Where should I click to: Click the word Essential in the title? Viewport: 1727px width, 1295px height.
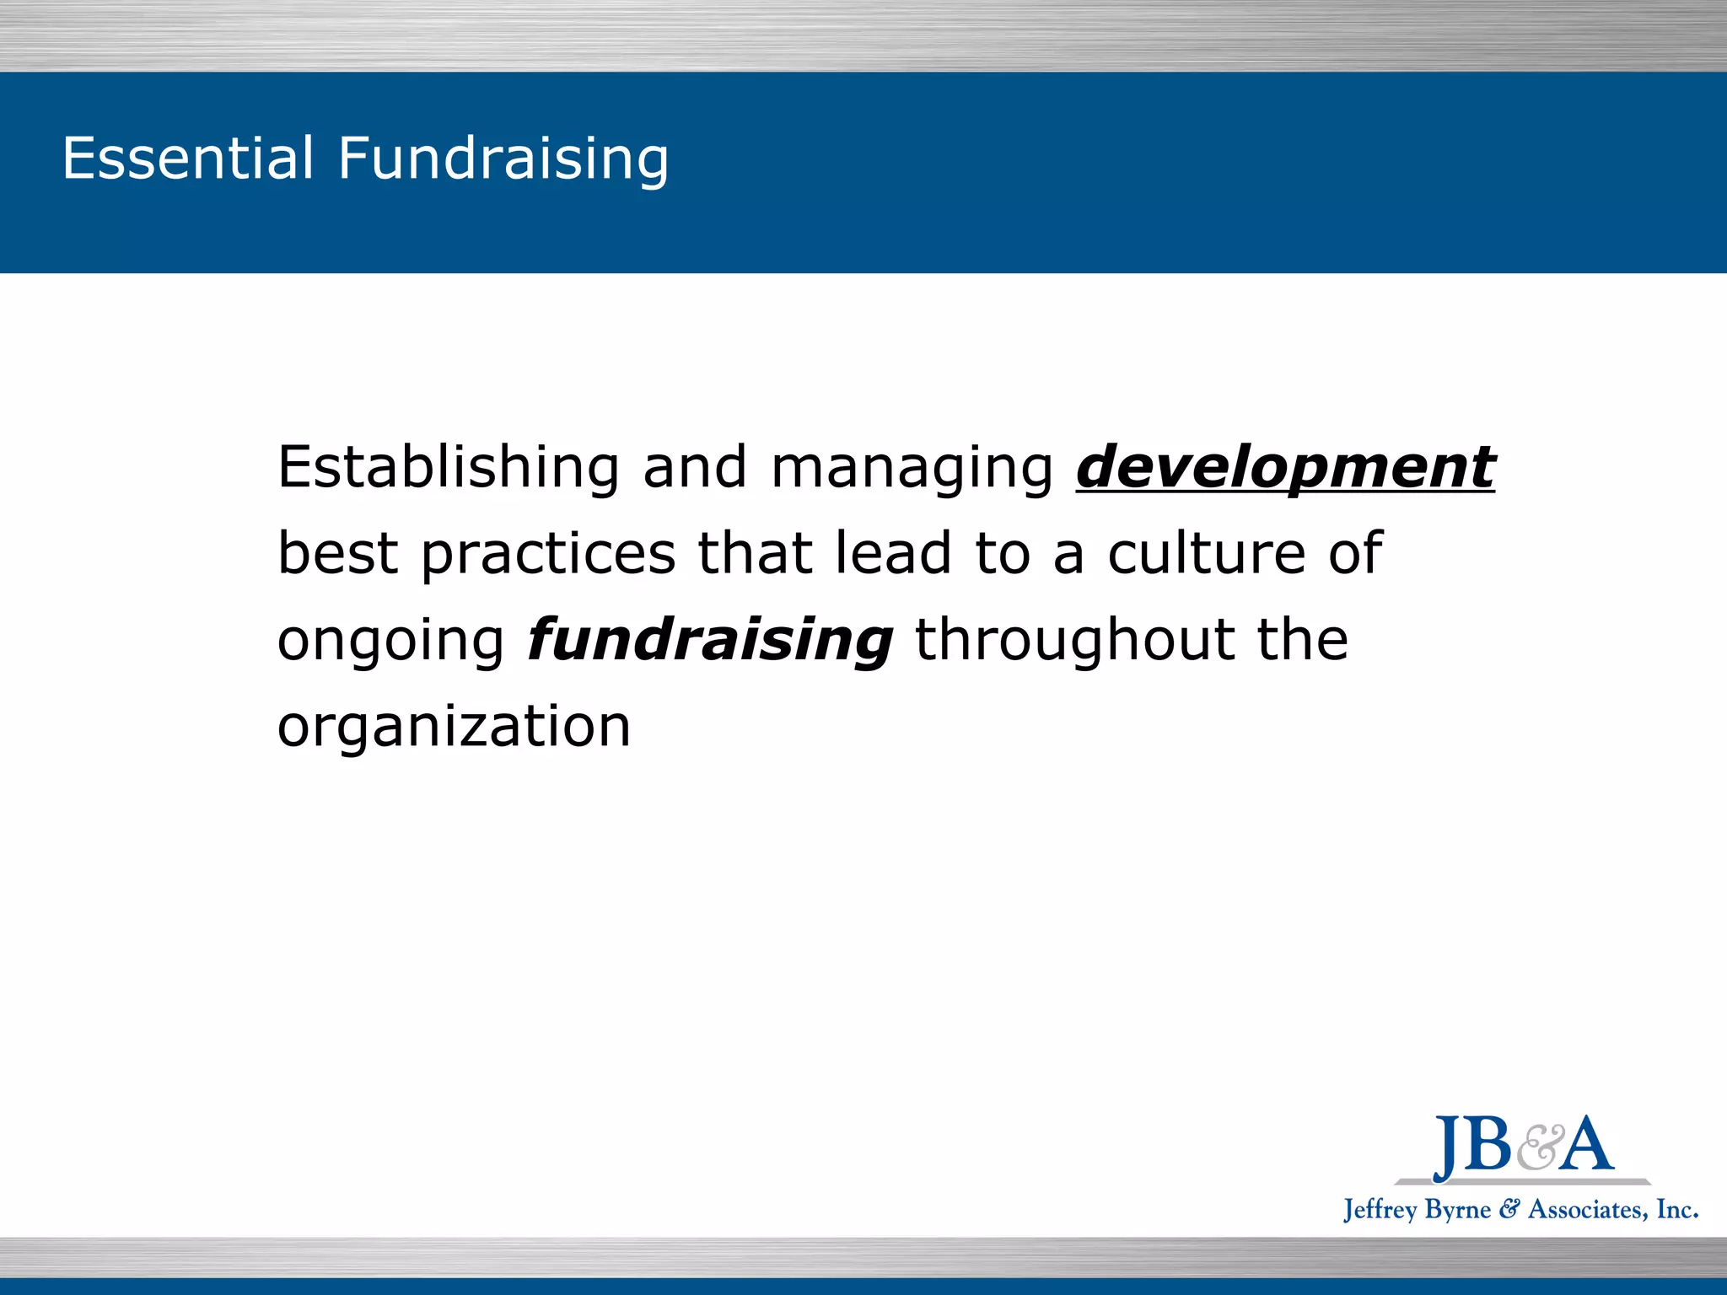pos(187,158)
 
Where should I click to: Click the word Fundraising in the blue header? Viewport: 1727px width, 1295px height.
pos(503,159)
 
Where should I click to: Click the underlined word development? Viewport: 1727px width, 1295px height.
pos(1285,469)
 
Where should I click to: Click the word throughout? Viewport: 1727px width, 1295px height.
pos(1074,641)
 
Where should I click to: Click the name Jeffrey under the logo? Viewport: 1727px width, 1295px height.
pos(1380,1211)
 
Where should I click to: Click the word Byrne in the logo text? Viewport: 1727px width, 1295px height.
pos(1458,1211)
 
